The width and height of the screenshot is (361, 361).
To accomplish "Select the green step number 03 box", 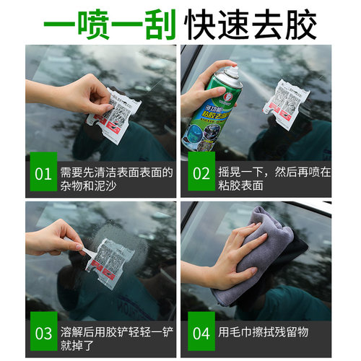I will click(43, 334).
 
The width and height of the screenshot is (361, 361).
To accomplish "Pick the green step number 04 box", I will click(199, 334).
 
